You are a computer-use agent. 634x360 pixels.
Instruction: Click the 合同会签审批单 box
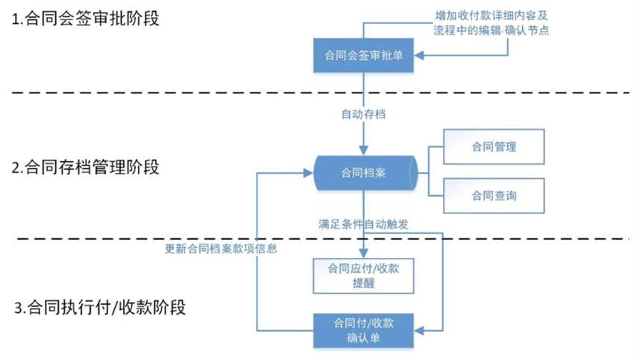(362, 56)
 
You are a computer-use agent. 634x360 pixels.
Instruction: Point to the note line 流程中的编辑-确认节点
(495, 32)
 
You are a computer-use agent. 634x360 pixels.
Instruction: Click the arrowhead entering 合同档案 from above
(362, 151)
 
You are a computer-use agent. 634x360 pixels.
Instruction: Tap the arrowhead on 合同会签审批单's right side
(419, 56)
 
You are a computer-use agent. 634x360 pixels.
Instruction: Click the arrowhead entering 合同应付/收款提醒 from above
(362, 254)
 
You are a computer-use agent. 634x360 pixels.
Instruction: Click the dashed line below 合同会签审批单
(224, 92)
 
